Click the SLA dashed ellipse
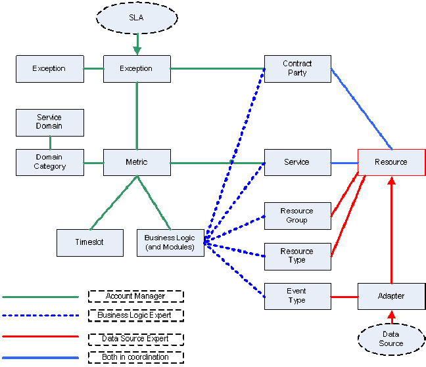click(136, 18)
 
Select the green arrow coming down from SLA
click(137, 43)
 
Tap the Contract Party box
click(297, 68)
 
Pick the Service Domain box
click(49, 122)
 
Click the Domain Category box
click(49, 162)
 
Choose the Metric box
click(137, 162)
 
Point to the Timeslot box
click(89, 242)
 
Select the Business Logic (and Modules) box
click(170, 242)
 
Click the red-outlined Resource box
click(391, 162)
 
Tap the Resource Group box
click(297, 216)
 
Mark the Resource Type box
click(297, 256)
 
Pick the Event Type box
click(297, 296)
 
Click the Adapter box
click(391, 296)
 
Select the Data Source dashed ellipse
click(391, 339)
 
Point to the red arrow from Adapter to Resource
click(391, 230)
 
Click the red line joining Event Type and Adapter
click(344, 297)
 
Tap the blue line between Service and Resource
click(344, 162)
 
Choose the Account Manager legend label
click(135, 297)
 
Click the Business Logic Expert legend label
click(135, 315)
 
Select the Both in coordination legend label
click(135, 357)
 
